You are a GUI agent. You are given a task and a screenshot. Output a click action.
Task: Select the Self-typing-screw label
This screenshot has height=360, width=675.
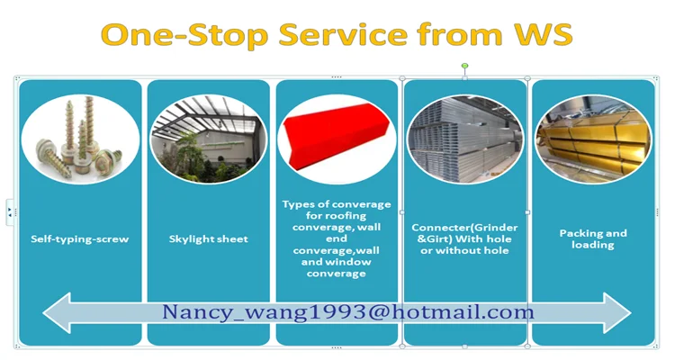(79, 239)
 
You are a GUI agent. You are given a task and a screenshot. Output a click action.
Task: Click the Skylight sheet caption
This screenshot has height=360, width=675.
(209, 239)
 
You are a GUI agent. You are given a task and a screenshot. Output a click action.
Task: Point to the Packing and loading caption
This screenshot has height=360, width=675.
(593, 239)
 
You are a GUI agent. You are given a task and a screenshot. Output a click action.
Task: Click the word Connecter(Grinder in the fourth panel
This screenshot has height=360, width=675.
(465, 228)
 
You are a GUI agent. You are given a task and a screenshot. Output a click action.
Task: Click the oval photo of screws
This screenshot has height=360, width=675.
(80, 139)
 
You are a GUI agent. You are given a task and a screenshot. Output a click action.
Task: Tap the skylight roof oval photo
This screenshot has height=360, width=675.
(209, 139)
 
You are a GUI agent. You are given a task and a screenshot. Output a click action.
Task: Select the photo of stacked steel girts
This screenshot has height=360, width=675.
(465, 139)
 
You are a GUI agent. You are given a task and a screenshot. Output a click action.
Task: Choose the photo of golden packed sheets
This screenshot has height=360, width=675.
(593, 139)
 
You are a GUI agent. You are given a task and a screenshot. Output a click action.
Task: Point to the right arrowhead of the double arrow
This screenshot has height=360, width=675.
(617, 313)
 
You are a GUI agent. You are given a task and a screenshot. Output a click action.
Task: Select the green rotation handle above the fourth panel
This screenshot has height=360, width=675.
(464, 66)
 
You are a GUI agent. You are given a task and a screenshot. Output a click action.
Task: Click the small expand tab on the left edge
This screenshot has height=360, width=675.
(10, 212)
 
